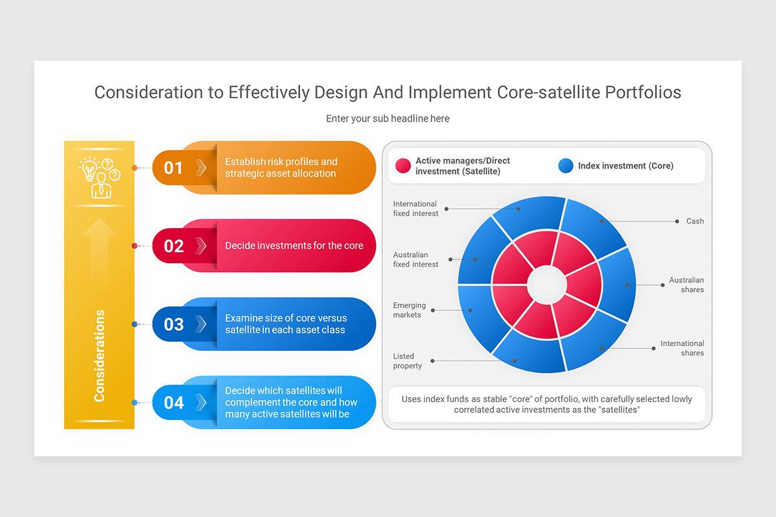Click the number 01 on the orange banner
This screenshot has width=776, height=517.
[x=173, y=168]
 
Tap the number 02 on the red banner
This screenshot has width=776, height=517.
[x=173, y=246]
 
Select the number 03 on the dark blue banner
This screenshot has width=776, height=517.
[x=173, y=324]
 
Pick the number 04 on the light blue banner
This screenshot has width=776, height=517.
[x=173, y=403]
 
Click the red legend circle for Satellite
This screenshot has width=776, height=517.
[x=403, y=165]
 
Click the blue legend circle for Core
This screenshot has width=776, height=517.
[x=566, y=165]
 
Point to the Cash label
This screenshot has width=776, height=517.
[x=695, y=221]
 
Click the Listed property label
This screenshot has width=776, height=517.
[x=407, y=361]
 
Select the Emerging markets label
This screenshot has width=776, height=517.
[x=409, y=310]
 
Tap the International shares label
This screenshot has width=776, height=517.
[x=682, y=348]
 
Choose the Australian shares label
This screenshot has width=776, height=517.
[x=686, y=284]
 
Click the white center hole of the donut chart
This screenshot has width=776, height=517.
[x=546, y=284]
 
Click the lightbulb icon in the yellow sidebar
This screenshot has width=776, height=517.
[x=89, y=168]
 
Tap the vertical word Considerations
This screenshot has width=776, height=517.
[x=100, y=355]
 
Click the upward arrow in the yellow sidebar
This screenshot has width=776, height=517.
[x=100, y=253]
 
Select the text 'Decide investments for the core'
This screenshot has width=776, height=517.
[x=294, y=246]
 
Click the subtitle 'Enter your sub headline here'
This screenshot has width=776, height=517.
[x=387, y=118]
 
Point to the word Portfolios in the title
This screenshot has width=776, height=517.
[x=643, y=92]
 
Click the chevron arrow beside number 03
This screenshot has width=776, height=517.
[x=200, y=324]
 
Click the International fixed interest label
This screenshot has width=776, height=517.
[x=415, y=209]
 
